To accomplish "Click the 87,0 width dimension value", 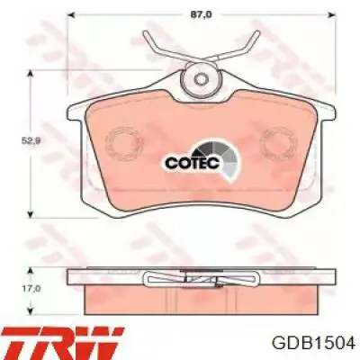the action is (x=200, y=14).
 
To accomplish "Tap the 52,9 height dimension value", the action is (x=31, y=140).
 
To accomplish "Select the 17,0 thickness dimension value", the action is (x=31, y=289).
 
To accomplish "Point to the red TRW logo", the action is (x=63, y=342).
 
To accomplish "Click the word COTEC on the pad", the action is (x=193, y=163).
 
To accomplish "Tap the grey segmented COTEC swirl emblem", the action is (x=220, y=160).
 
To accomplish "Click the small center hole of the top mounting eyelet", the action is (x=201, y=79).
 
